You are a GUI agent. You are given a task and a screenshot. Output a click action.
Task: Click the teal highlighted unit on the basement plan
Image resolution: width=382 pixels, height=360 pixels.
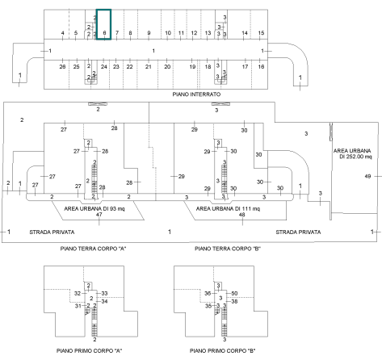coord(104,24)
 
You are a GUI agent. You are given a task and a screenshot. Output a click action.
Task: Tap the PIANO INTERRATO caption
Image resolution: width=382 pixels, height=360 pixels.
coord(196,94)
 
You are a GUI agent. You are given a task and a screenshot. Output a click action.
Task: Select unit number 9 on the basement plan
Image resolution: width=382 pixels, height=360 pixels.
coord(149,33)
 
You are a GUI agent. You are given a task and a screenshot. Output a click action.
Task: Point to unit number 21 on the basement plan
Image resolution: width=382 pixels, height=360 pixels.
coord(149,67)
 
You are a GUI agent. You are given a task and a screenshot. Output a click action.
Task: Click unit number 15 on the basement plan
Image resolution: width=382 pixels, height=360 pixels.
coord(261,33)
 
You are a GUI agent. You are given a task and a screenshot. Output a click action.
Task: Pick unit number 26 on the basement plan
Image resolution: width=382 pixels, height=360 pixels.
coord(62,66)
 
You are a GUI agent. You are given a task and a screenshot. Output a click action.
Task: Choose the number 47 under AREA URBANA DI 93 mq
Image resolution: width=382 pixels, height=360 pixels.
coord(99,215)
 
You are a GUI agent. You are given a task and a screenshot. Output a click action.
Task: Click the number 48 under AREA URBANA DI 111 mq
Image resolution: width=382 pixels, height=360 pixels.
coord(241,215)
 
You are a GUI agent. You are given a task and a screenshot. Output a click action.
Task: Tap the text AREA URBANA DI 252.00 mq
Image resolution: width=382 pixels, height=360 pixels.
coord(352,153)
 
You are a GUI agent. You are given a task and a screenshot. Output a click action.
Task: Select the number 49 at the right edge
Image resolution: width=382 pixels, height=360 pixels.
coord(367,176)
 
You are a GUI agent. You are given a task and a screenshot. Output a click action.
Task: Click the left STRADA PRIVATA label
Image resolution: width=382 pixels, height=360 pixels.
coord(52,232)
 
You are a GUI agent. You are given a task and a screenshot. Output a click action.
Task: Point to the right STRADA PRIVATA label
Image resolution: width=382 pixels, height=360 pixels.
coord(298,232)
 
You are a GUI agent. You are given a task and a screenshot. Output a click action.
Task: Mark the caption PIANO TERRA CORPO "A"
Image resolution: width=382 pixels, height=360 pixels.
coord(93,249)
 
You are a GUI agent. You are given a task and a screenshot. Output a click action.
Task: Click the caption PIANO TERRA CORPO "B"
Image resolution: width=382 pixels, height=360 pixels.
coord(228,249)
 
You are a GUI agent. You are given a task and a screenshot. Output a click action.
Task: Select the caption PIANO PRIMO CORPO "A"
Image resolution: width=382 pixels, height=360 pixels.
coord(90,351)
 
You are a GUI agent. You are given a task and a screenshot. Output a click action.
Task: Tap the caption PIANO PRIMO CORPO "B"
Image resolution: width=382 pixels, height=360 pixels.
coord(223,351)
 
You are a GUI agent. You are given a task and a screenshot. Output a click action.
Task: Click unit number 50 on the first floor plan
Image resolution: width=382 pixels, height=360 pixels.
coord(234,293)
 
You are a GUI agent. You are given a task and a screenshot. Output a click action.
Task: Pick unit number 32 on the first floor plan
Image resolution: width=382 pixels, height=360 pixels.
coord(78,293)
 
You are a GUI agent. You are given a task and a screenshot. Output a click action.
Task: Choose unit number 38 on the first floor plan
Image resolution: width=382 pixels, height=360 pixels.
coord(234,301)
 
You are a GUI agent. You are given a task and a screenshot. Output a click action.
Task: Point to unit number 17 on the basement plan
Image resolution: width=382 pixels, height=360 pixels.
coord(245,66)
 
